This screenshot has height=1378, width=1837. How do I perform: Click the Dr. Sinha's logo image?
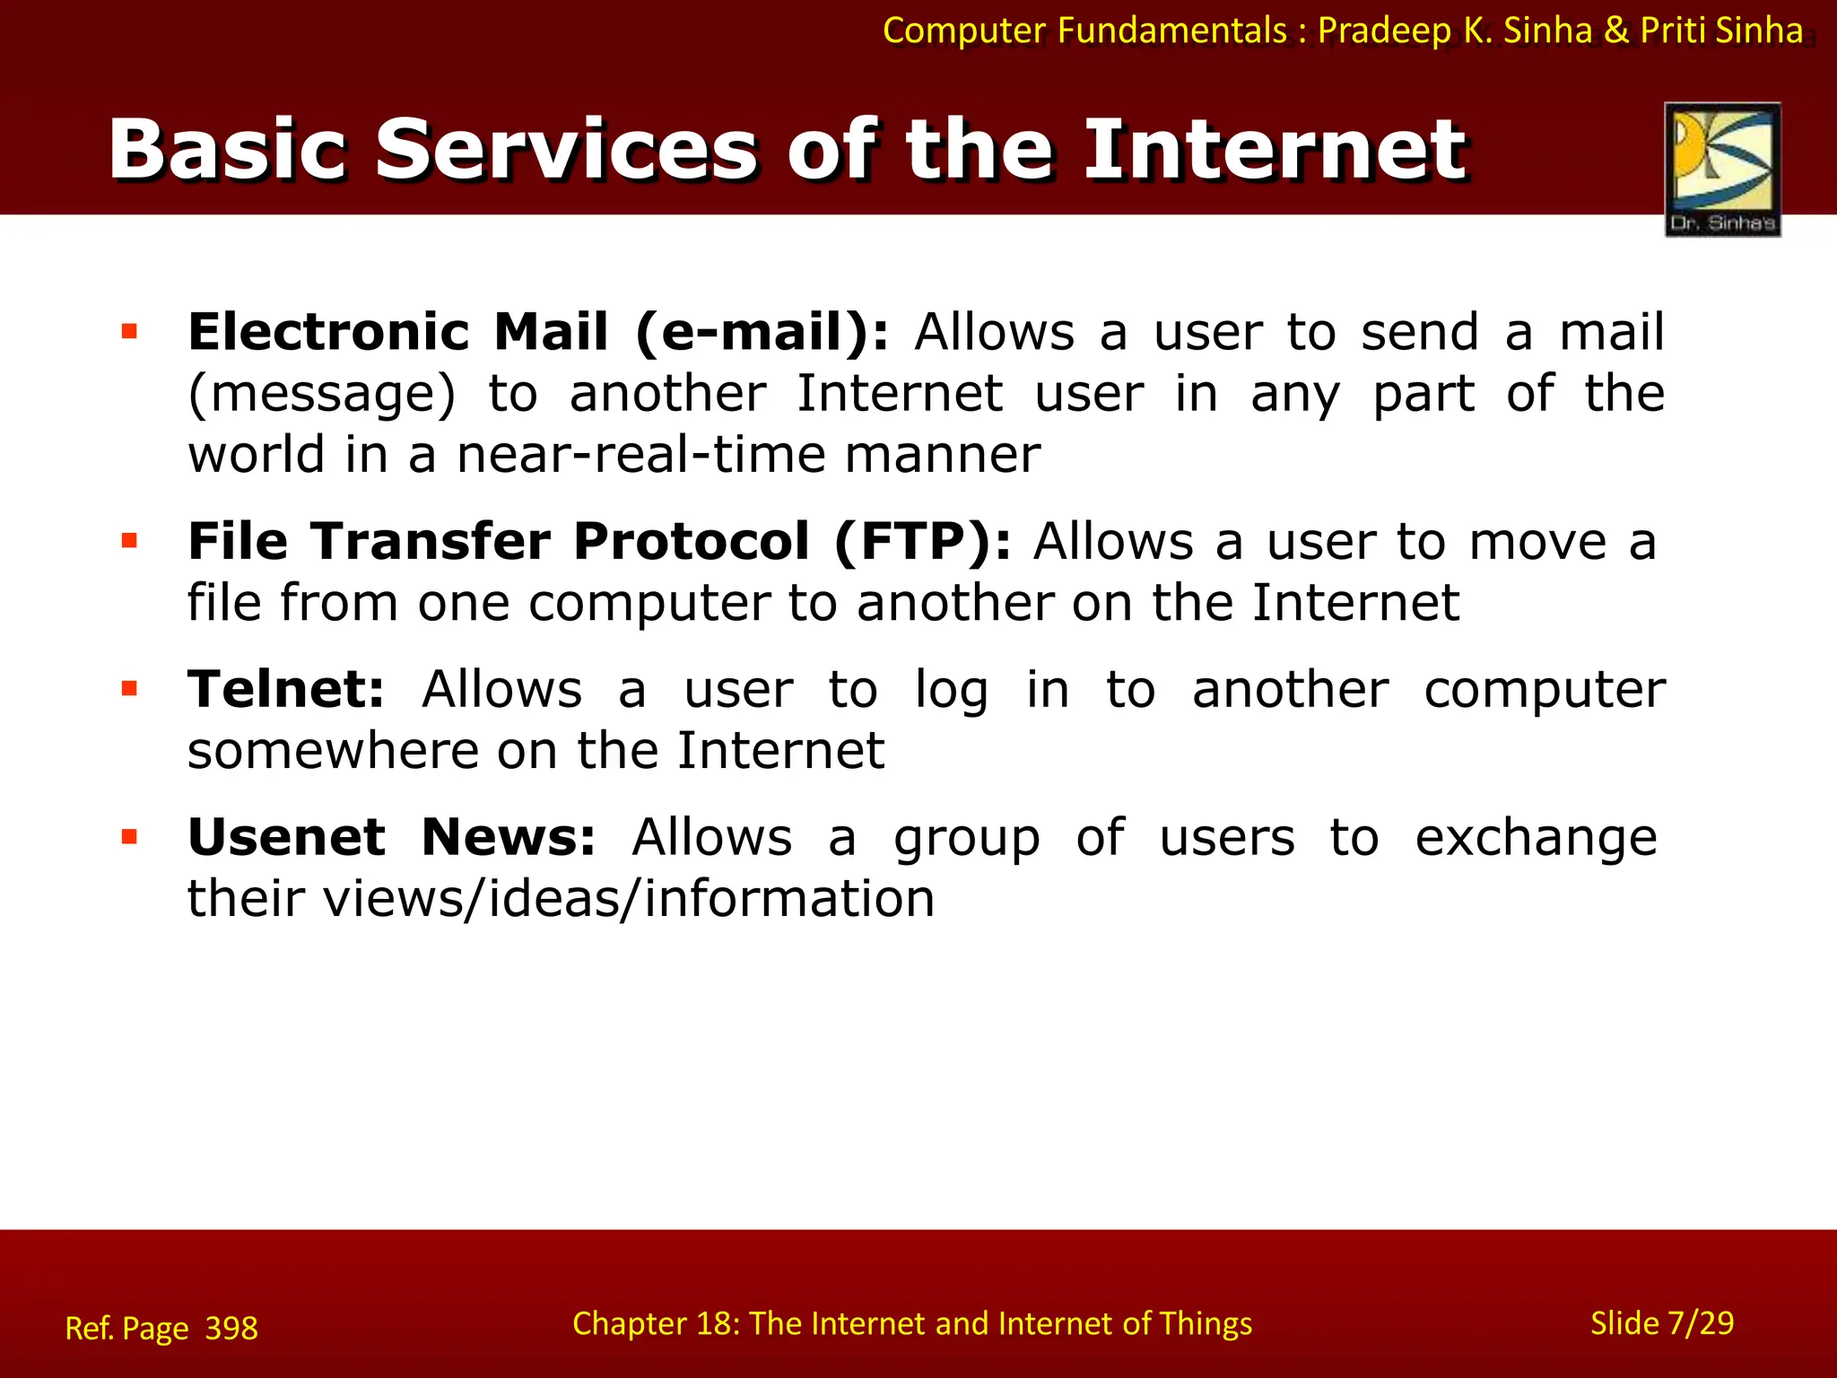tap(1722, 169)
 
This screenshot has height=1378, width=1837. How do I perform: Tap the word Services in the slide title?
tap(566, 150)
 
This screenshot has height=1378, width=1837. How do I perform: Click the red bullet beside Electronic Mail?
tap(129, 332)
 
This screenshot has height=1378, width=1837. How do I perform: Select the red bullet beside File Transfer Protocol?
tap(129, 541)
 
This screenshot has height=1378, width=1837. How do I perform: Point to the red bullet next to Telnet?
tap(129, 689)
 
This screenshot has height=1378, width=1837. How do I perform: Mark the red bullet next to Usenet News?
tap(129, 837)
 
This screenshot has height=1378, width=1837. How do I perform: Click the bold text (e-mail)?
tap(762, 333)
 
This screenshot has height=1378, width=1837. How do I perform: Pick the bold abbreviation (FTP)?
tap(922, 542)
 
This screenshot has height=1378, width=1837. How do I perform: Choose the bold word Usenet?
tap(286, 837)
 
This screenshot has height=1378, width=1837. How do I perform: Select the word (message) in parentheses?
tap(322, 395)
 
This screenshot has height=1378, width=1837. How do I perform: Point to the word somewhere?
tap(333, 750)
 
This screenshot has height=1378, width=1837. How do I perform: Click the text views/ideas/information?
tap(629, 898)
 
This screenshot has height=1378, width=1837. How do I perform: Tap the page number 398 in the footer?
tap(231, 1328)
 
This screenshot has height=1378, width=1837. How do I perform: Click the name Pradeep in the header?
tap(1384, 31)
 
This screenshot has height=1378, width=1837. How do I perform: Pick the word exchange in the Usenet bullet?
tap(1536, 838)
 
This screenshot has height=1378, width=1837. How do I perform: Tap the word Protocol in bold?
tap(692, 542)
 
